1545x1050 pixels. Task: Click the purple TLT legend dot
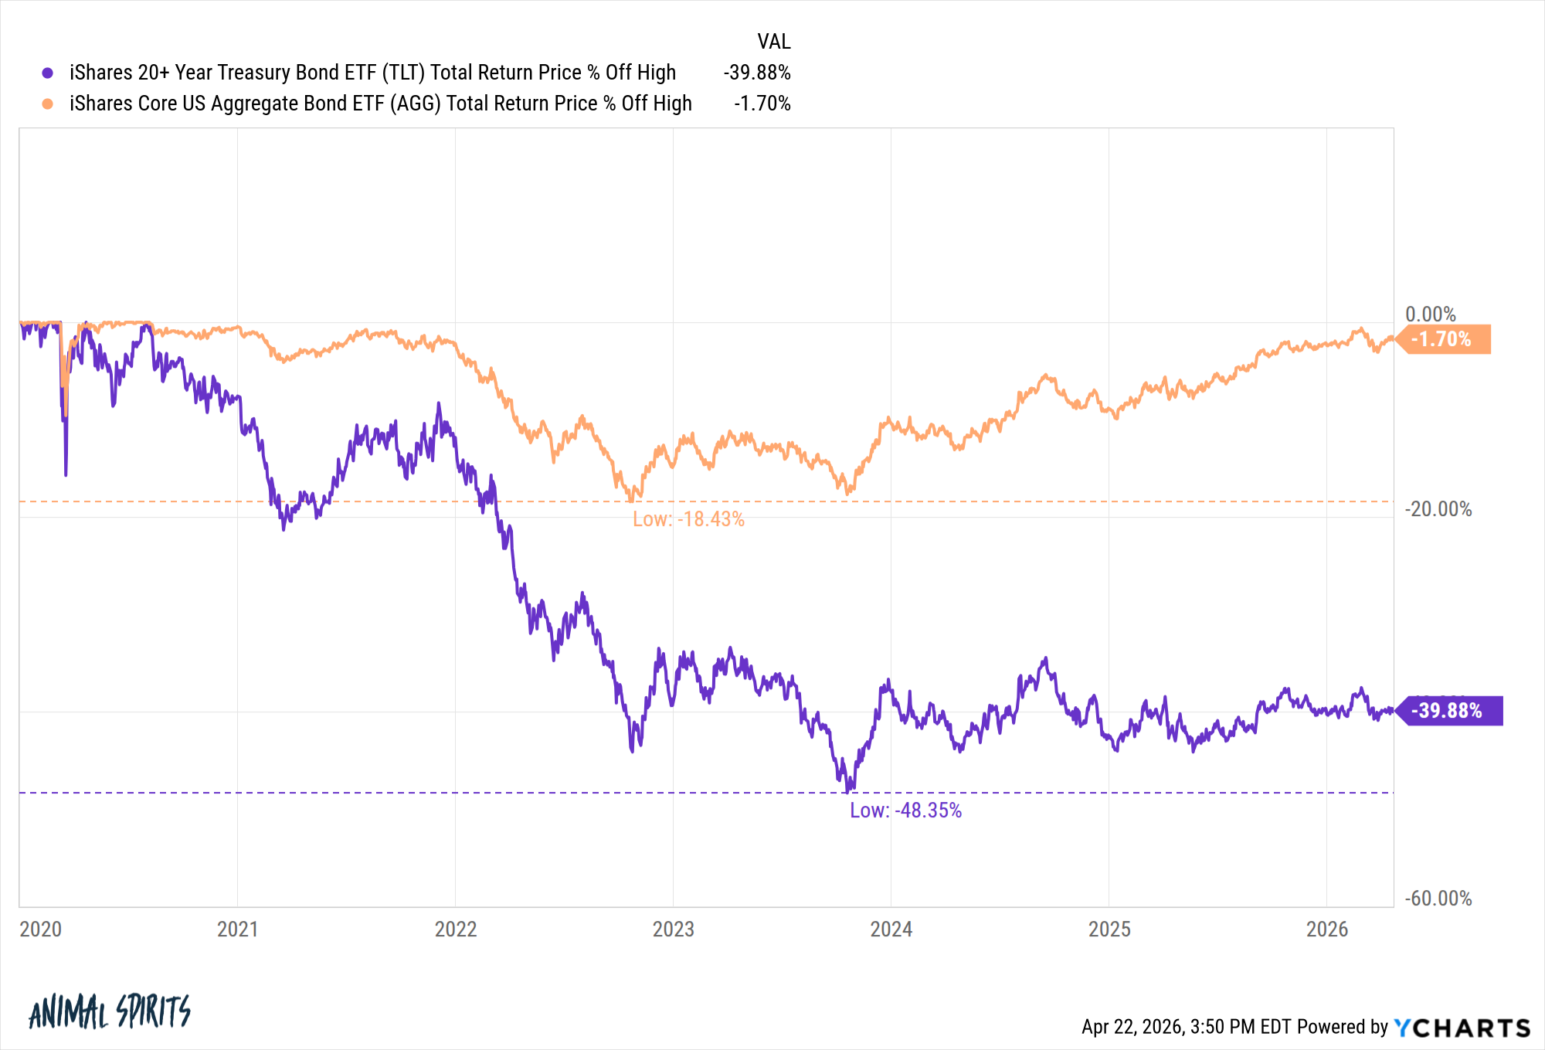click(48, 73)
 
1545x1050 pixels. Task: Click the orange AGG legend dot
click(48, 104)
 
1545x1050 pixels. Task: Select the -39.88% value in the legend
click(756, 73)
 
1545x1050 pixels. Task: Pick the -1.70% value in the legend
click(762, 104)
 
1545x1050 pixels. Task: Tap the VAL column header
click(773, 42)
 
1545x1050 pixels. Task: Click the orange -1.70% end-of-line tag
click(1442, 339)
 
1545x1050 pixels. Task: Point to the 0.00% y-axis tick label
click(1430, 314)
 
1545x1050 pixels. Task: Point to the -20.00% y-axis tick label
click(1438, 509)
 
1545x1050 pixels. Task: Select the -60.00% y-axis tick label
click(1438, 899)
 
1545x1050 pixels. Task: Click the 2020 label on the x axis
click(40, 929)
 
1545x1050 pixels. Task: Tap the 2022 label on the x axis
click(456, 929)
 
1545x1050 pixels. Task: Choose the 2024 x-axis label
click(891, 929)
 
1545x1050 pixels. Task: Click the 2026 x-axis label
click(1326, 929)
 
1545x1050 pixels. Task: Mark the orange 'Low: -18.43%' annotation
click(688, 519)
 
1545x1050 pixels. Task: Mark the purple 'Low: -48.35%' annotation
click(905, 810)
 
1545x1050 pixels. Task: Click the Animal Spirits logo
click(109, 1011)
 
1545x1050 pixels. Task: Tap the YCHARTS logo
click(1462, 1028)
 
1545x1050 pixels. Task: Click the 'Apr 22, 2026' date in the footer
click(1132, 1027)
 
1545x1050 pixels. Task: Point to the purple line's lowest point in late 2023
click(847, 791)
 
